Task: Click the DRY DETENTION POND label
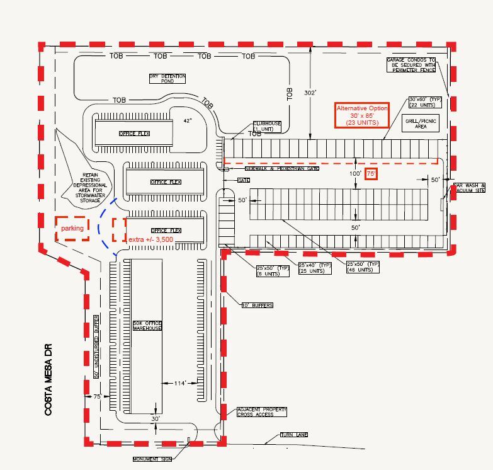(167, 79)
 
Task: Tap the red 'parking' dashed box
(71, 229)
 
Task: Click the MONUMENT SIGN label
(152, 459)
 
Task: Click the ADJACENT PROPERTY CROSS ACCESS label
(261, 412)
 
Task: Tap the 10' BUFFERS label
(257, 306)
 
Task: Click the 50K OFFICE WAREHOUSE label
(147, 326)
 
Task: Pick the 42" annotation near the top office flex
(187, 120)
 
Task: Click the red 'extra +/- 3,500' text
(150, 240)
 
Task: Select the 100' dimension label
(356, 173)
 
